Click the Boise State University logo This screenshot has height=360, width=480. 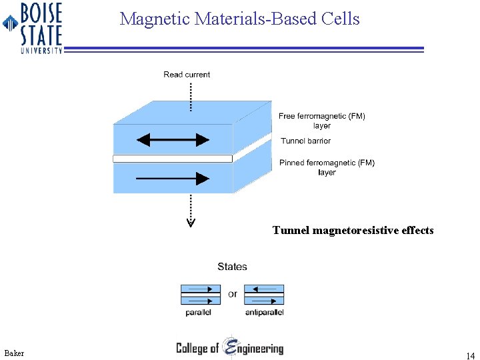(x=33, y=27)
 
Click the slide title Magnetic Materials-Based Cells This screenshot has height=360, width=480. (x=239, y=19)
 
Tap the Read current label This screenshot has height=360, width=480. (x=187, y=75)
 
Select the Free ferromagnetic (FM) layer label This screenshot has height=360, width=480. (x=322, y=121)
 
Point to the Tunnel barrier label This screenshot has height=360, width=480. (x=305, y=141)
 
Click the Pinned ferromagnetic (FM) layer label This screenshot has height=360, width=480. (x=327, y=167)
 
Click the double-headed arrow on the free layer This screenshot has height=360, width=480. (x=173, y=140)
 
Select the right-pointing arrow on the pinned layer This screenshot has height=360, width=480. (x=173, y=178)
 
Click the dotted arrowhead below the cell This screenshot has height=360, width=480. (x=191, y=221)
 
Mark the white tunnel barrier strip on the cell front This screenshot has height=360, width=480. (x=173, y=159)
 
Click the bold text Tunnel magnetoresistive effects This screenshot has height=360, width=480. (x=353, y=231)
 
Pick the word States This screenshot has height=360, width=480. (x=232, y=267)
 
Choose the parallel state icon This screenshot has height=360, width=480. (x=201, y=294)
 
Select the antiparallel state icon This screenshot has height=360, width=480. (x=264, y=294)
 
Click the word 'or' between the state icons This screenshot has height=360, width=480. (x=232, y=294)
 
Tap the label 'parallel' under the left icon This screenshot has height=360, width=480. (x=199, y=312)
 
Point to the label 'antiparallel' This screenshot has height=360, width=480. (x=265, y=312)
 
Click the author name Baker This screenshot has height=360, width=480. (x=14, y=353)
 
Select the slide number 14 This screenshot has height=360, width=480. (x=471, y=356)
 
